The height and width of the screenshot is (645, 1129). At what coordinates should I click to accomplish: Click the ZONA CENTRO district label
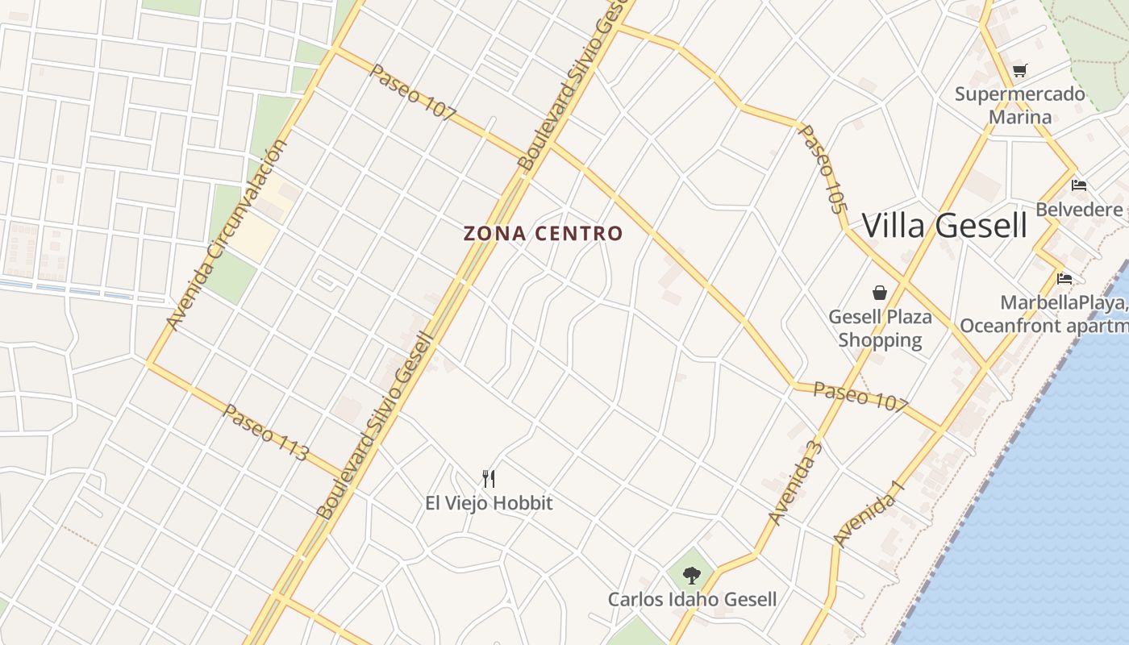pos(543,234)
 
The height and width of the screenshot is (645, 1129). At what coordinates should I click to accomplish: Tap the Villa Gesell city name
pos(944,226)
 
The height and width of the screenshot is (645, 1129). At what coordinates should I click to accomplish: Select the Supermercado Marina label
pos(1020,106)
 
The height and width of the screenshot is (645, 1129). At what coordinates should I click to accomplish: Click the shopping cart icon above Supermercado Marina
pos(1020,71)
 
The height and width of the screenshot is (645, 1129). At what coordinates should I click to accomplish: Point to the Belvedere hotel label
pos(1079,210)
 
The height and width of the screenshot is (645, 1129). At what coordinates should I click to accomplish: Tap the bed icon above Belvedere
pos(1079,185)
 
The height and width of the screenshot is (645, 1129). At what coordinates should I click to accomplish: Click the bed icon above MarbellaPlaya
pos(1064,279)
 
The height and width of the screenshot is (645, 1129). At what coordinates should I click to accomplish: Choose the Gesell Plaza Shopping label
pos(880,328)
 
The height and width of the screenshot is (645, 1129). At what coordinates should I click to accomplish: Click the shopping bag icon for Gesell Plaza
pos(879,293)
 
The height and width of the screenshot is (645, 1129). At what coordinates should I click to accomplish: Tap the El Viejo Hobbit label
pos(489,503)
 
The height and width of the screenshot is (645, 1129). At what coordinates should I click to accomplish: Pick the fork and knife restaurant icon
pos(489,479)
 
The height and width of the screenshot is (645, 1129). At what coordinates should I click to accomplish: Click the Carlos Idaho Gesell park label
pos(692,599)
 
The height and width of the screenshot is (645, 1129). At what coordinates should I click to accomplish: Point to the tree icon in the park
pos(691,575)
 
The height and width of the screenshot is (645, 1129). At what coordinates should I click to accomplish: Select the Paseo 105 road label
pos(823,169)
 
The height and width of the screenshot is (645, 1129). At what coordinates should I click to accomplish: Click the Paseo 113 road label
pos(265,432)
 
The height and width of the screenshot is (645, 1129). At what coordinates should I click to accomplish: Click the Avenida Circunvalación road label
pos(226,235)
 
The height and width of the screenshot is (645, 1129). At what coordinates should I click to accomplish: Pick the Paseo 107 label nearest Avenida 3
pos(860,397)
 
